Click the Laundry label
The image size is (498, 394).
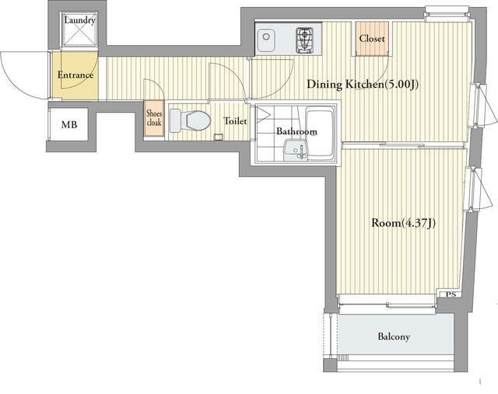point(79,21)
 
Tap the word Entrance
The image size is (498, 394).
point(75,75)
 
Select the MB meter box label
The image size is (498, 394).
point(69,124)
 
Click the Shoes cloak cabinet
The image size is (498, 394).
point(154,118)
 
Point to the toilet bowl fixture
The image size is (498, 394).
point(190,120)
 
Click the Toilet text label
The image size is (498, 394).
point(235,121)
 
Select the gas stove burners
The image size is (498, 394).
point(304,40)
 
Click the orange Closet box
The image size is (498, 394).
point(372,39)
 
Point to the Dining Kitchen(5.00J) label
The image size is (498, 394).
point(363,85)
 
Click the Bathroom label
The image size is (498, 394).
point(296,131)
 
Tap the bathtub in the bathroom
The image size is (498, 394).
point(320,133)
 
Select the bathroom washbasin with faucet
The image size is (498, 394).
point(296,150)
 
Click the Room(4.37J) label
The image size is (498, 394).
point(403,223)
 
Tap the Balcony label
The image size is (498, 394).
point(394,336)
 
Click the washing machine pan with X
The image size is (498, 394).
point(79,30)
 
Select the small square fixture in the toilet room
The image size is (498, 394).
point(218,137)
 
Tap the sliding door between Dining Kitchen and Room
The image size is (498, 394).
point(403,145)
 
